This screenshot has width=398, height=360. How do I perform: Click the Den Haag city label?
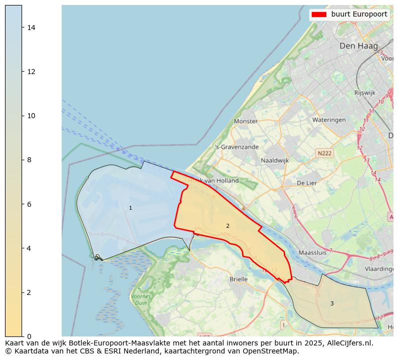pyautogui.click(x=358, y=46)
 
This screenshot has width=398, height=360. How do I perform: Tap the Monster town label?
pyautogui.click(x=246, y=121)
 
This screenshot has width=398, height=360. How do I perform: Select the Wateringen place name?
pyautogui.click(x=329, y=120)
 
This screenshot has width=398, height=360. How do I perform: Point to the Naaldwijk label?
pyautogui.click(x=275, y=161)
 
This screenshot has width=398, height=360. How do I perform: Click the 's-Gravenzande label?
pyautogui.click(x=237, y=147)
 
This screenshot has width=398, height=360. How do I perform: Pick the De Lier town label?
pyautogui.click(x=307, y=183)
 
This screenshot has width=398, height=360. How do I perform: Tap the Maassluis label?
pyautogui.click(x=312, y=253)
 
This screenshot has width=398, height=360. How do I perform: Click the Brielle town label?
pyautogui.click(x=239, y=279)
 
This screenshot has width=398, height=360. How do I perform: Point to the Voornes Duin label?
pyautogui.click(x=141, y=299)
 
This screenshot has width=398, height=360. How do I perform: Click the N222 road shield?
pyautogui.click(x=324, y=153)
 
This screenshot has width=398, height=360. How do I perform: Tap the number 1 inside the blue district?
pyautogui.click(x=130, y=208)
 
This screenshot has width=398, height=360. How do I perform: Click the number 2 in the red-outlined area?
pyautogui.click(x=228, y=226)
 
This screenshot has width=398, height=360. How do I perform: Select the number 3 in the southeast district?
pyautogui.click(x=332, y=303)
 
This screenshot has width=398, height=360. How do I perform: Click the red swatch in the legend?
pyautogui.click(x=319, y=15)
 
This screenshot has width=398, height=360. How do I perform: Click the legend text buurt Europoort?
pyautogui.click(x=359, y=15)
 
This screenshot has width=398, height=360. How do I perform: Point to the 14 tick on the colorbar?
pyautogui.click(x=31, y=28)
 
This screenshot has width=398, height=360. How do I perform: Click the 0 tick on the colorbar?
pyautogui.click(x=29, y=336)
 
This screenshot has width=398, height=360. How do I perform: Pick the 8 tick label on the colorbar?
pyautogui.click(x=29, y=160)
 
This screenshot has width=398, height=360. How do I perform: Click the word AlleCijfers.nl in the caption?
pyautogui.click(x=350, y=343)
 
